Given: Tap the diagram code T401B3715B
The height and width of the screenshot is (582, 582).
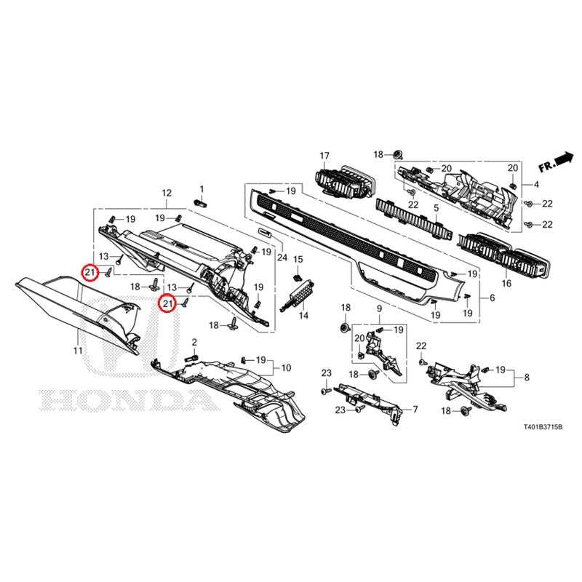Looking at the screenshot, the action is tap(543, 428).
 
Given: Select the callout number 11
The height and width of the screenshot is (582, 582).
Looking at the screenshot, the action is tap(78, 350).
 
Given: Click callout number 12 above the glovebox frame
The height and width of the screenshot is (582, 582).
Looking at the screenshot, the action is tap(167, 193).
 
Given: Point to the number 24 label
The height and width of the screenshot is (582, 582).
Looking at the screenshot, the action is tap(282, 257).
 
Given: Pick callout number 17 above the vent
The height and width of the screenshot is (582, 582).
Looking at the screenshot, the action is tap(324, 156).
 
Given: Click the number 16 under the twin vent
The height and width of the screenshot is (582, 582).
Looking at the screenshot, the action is tap(506, 284).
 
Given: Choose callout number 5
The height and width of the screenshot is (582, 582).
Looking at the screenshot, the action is tap(436, 208).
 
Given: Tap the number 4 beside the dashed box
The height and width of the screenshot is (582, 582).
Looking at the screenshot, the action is tap(536, 185).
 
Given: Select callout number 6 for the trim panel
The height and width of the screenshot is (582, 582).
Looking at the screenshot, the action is tap(493, 298).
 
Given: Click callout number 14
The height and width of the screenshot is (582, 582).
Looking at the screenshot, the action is tap(303, 316).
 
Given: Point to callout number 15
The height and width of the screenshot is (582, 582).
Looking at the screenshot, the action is tap(298, 259).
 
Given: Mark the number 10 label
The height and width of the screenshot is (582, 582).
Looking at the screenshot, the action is tap(286, 368).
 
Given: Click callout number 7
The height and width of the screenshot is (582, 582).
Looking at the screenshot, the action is tap(415, 410).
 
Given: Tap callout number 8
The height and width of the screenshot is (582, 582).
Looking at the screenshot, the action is tap(527, 378).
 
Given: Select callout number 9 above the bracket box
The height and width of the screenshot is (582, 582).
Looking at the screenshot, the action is tap(379, 308).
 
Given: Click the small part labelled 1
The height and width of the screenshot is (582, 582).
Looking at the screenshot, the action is tap(201, 203).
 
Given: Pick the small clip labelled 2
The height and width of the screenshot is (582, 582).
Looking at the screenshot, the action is tap(191, 358).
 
